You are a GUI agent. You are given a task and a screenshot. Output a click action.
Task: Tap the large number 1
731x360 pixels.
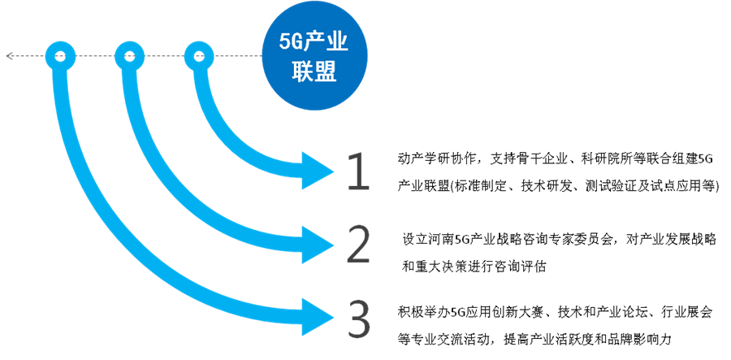pos(358,171)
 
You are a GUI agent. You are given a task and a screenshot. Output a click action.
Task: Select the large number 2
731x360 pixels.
pos(358,244)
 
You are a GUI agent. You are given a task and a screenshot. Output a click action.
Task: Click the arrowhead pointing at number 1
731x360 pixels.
pos(317,171)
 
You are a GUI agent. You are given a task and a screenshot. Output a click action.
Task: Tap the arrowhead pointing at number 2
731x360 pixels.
pos(317,244)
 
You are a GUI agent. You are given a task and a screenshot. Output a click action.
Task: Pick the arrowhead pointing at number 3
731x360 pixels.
pos(317,317)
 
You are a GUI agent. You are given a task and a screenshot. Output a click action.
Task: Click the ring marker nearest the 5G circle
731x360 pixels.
pos(199,56)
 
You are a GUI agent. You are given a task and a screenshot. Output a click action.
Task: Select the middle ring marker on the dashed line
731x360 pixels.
pos(129,56)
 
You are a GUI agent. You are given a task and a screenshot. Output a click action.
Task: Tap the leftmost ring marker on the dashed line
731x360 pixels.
pos(59,56)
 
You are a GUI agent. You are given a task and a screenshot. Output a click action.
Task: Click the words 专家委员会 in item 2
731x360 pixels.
pos(582,240)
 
